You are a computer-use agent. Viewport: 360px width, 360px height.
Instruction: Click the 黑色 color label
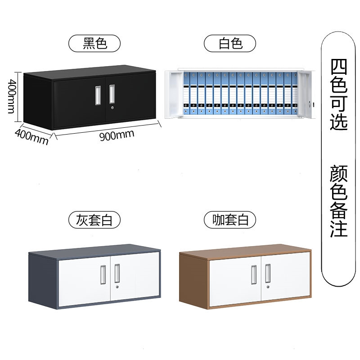point(95,44)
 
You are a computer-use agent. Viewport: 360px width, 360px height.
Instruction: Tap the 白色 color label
point(230,44)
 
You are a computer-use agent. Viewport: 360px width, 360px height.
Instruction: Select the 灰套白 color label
point(95,220)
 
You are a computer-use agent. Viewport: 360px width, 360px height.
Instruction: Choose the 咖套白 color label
point(230,220)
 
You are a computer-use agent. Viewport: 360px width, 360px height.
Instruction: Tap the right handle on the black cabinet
point(112,93)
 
